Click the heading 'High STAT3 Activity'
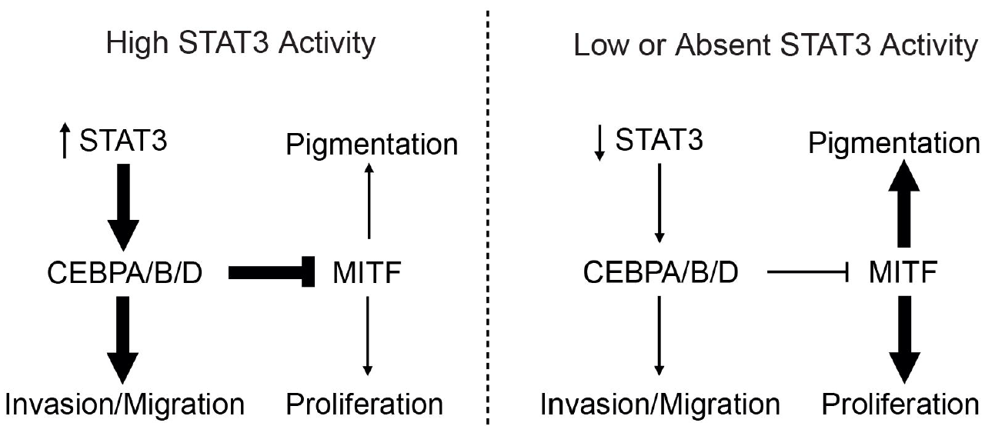[241, 44]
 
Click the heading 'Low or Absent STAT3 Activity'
[776, 45]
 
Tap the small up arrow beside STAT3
[65, 141]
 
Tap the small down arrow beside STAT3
[599, 143]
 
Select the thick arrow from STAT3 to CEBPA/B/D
[124, 208]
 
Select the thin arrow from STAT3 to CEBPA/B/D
[659, 203]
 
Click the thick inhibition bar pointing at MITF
[272, 272]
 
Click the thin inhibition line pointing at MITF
[807, 272]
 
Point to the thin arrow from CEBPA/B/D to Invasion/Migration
[659, 336]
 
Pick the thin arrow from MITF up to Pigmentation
[369, 201]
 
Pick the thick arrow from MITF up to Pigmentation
[903, 203]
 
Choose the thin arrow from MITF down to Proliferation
[368, 336]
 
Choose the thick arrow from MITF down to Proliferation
[904, 340]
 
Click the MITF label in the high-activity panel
[367, 273]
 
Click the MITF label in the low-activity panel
[903, 273]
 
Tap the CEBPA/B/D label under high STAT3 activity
[125, 273]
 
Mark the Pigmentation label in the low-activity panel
[894, 144]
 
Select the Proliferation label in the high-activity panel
[365, 404]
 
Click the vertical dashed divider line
[487, 218]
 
